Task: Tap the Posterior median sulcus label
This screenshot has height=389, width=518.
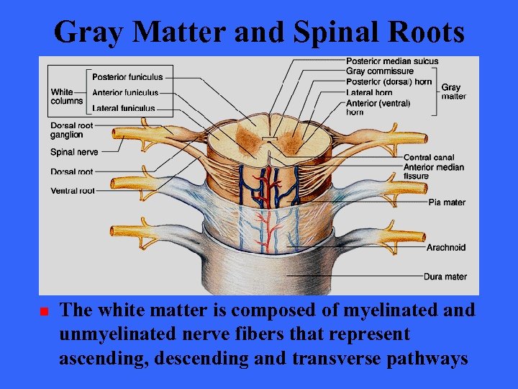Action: (391, 61)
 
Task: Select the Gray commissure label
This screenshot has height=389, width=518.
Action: (379, 71)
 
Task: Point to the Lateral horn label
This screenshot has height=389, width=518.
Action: (368, 92)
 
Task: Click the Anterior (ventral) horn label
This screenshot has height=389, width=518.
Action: (378, 107)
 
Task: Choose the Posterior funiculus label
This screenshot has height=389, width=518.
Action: (127, 77)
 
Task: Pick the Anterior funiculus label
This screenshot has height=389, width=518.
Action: (125, 92)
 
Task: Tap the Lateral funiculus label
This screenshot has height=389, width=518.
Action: (123, 109)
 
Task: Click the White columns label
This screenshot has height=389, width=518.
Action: (67, 97)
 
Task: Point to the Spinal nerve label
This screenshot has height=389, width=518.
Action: (74, 152)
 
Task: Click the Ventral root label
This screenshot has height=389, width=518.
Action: (73, 191)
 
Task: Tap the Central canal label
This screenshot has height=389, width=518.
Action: (428, 157)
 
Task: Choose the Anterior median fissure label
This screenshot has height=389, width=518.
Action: (433, 171)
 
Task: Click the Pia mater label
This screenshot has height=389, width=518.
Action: (447, 202)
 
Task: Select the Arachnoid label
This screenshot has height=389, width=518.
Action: (445, 248)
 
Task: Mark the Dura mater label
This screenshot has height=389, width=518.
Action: (445, 277)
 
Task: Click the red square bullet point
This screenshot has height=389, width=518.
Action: (43, 312)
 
